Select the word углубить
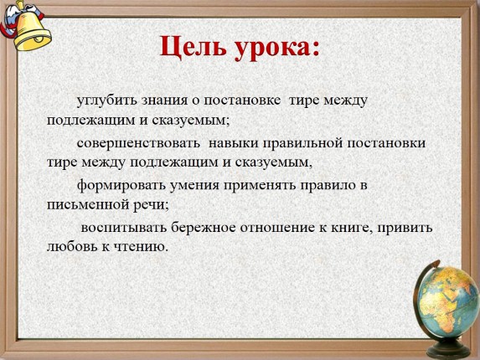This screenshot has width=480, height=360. pos(106,100)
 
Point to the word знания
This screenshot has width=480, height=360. pos(164,101)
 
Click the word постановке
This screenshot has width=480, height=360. pos(242,101)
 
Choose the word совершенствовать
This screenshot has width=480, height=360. pos(138,143)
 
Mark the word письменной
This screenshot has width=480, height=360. pos(88,205)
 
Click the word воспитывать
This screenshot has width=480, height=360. pos(124,228)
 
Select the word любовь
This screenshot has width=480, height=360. pos(73,246)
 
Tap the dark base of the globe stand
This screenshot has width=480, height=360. pos(449,348)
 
